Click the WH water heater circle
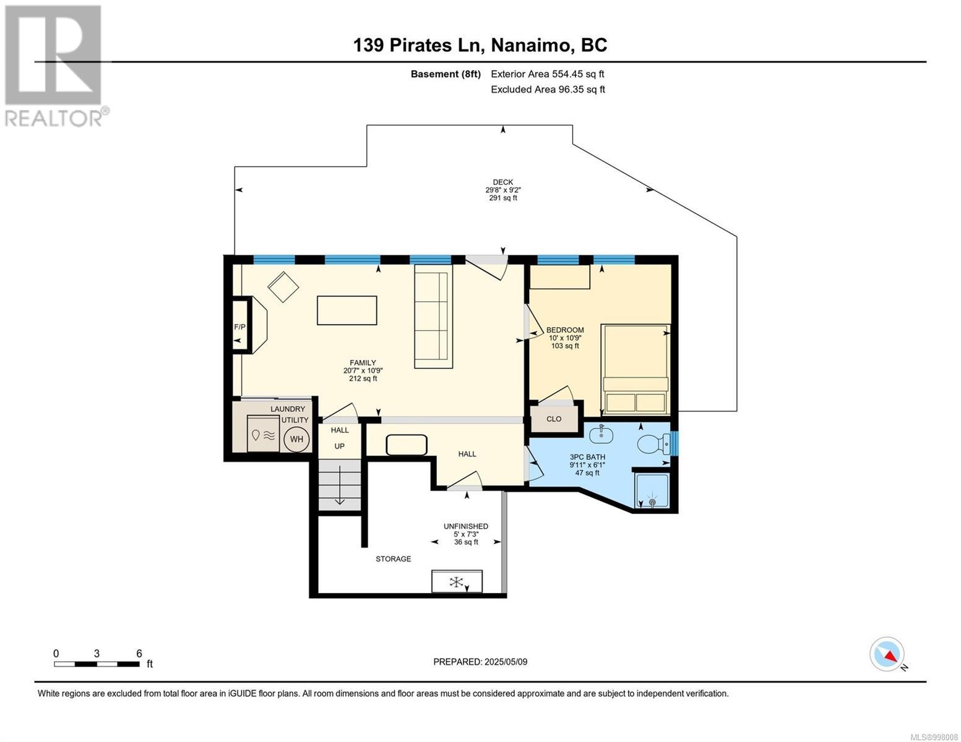[296, 439]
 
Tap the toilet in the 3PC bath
[653, 443]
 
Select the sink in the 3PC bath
[601, 435]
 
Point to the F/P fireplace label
[239, 327]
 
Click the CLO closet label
[554, 419]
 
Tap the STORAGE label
[393, 558]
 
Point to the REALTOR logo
[54, 66]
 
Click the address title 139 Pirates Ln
[417, 45]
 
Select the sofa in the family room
[433, 317]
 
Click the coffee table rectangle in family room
[347, 310]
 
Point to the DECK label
[503, 182]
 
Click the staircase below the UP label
[340, 485]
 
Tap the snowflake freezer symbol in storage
[456, 582]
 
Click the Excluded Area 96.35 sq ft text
[548, 89]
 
